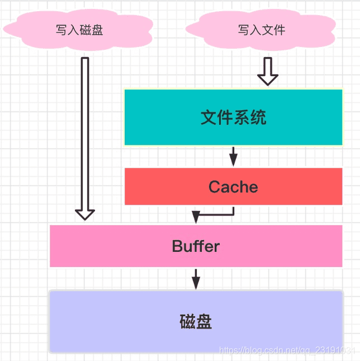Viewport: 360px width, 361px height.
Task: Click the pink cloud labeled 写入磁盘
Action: point(79,30)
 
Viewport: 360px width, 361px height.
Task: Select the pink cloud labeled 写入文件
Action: point(262,30)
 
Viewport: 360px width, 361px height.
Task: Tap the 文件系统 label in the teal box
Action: point(233,118)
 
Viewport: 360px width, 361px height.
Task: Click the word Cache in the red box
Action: point(233,187)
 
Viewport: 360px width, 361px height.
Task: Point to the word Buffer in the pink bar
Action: point(196,246)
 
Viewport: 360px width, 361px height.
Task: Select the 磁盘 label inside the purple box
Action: point(196,322)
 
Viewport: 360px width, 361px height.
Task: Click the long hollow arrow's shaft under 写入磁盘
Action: point(85,129)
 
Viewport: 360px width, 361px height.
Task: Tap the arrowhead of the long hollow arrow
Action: point(85,214)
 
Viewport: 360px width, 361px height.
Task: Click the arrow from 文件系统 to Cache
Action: point(233,157)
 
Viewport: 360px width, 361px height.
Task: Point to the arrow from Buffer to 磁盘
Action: point(196,278)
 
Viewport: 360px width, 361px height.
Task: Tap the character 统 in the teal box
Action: point(258,118)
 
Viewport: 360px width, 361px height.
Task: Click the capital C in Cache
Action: point(214,187)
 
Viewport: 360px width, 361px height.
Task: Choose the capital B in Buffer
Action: point(177,246)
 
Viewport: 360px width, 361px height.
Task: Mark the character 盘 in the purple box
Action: point(204,322)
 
